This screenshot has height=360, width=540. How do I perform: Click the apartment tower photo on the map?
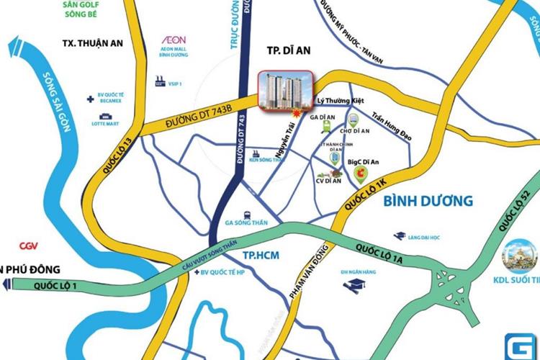(285, 91)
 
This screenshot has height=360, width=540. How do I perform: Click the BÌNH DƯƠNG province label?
(427, 201)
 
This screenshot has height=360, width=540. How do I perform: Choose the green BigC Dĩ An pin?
(362, 174)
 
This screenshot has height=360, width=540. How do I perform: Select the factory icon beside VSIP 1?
(160, 82)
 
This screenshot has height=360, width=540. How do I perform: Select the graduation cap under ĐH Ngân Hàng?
(355, 286)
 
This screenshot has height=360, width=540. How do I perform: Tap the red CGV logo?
(29, 246)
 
